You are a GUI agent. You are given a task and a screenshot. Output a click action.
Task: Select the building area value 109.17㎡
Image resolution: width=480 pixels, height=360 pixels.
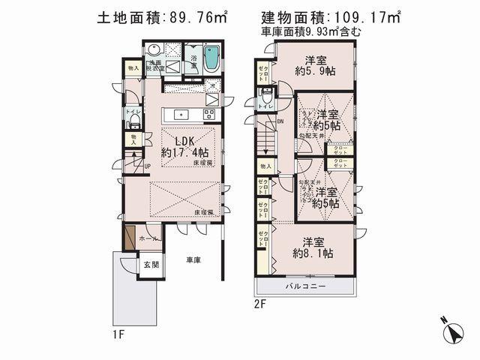[x=360, y=17]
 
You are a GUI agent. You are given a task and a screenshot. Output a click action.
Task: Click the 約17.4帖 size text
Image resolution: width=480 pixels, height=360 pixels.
[x=185, y=151]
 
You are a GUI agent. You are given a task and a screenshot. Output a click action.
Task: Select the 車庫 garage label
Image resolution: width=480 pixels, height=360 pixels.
[x=193, y=260]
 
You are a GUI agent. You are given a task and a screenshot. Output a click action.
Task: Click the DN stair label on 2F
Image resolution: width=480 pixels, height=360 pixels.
[x=281, y=121]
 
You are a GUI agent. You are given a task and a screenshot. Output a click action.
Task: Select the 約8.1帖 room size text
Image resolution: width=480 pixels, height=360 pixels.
[x=313, y=253]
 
